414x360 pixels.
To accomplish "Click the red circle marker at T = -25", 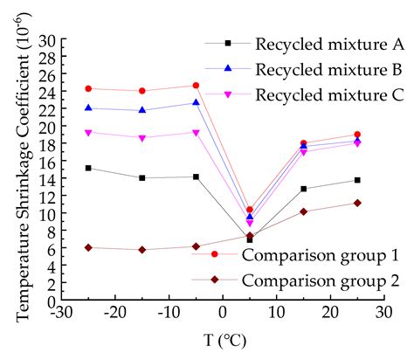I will pos(88,88).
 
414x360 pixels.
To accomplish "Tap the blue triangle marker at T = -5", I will pos(196,102).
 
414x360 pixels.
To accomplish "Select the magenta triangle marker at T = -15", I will pos(142,138).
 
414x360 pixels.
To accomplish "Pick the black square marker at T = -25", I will pos(88,168).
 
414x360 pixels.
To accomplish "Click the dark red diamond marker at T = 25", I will pos(357,203).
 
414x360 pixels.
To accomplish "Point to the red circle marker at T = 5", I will pos(250,210).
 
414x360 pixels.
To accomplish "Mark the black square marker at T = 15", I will pos(303,189).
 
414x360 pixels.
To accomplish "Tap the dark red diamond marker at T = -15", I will pos(142,249).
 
